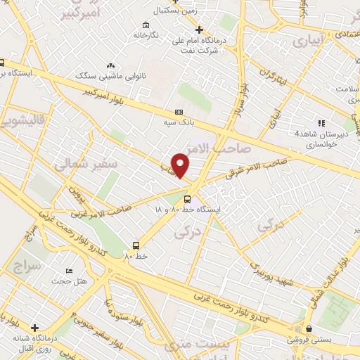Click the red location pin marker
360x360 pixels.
point(181,164)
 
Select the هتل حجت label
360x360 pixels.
point(68,281)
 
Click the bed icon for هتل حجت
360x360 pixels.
point(68,271)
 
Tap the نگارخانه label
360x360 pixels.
point(151,34)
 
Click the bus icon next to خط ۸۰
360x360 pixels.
point(135,246)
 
